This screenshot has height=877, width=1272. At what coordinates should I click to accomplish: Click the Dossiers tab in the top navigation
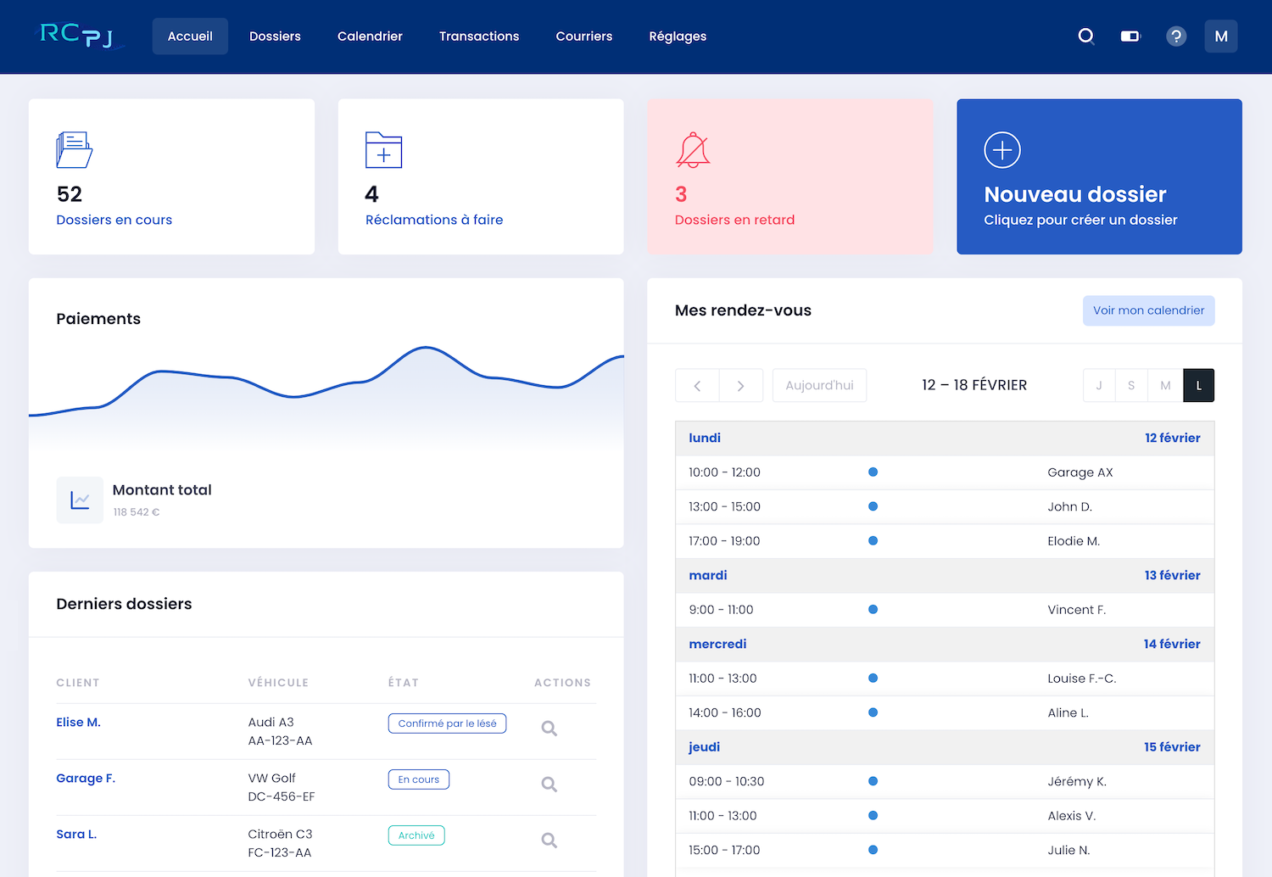(x=275, y=36)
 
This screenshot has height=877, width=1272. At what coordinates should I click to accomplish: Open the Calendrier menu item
(x=370, y=36)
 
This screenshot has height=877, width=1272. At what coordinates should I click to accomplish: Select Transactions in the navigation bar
(x=479, y=36)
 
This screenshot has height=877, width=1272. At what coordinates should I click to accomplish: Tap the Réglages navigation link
(x=678, y=36)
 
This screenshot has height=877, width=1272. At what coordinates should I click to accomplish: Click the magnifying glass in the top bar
(x=1085, y=36)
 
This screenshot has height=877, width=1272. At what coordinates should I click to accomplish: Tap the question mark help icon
(x=1176, y=36)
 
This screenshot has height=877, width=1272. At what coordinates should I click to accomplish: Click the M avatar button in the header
(x=1221, y=36)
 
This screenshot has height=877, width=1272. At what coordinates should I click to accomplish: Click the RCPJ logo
(x=77, y=35)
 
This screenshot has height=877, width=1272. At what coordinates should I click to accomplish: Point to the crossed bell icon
(x=693, y=150)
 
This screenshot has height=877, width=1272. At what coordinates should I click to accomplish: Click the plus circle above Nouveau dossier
(x=1002, y=150)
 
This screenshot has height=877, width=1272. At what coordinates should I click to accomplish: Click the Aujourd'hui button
(x=819, y=385)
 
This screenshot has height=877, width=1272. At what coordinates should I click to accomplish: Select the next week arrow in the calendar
(x=741, y=386)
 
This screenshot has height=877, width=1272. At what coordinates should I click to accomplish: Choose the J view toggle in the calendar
(x=1099, y=386)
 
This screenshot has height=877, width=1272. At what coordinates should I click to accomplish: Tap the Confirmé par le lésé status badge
(x=447, y=723)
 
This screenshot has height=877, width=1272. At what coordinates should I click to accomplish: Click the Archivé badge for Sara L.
(x=416, y=835)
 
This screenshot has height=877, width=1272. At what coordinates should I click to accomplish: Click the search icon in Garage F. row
(x=550, y=785)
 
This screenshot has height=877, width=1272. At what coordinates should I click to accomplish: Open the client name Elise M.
(x=78, y=723)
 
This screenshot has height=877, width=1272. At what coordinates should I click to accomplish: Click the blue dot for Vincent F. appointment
(x=873, y=610)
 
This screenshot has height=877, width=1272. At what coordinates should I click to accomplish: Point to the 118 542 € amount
(x=137, y=512)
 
